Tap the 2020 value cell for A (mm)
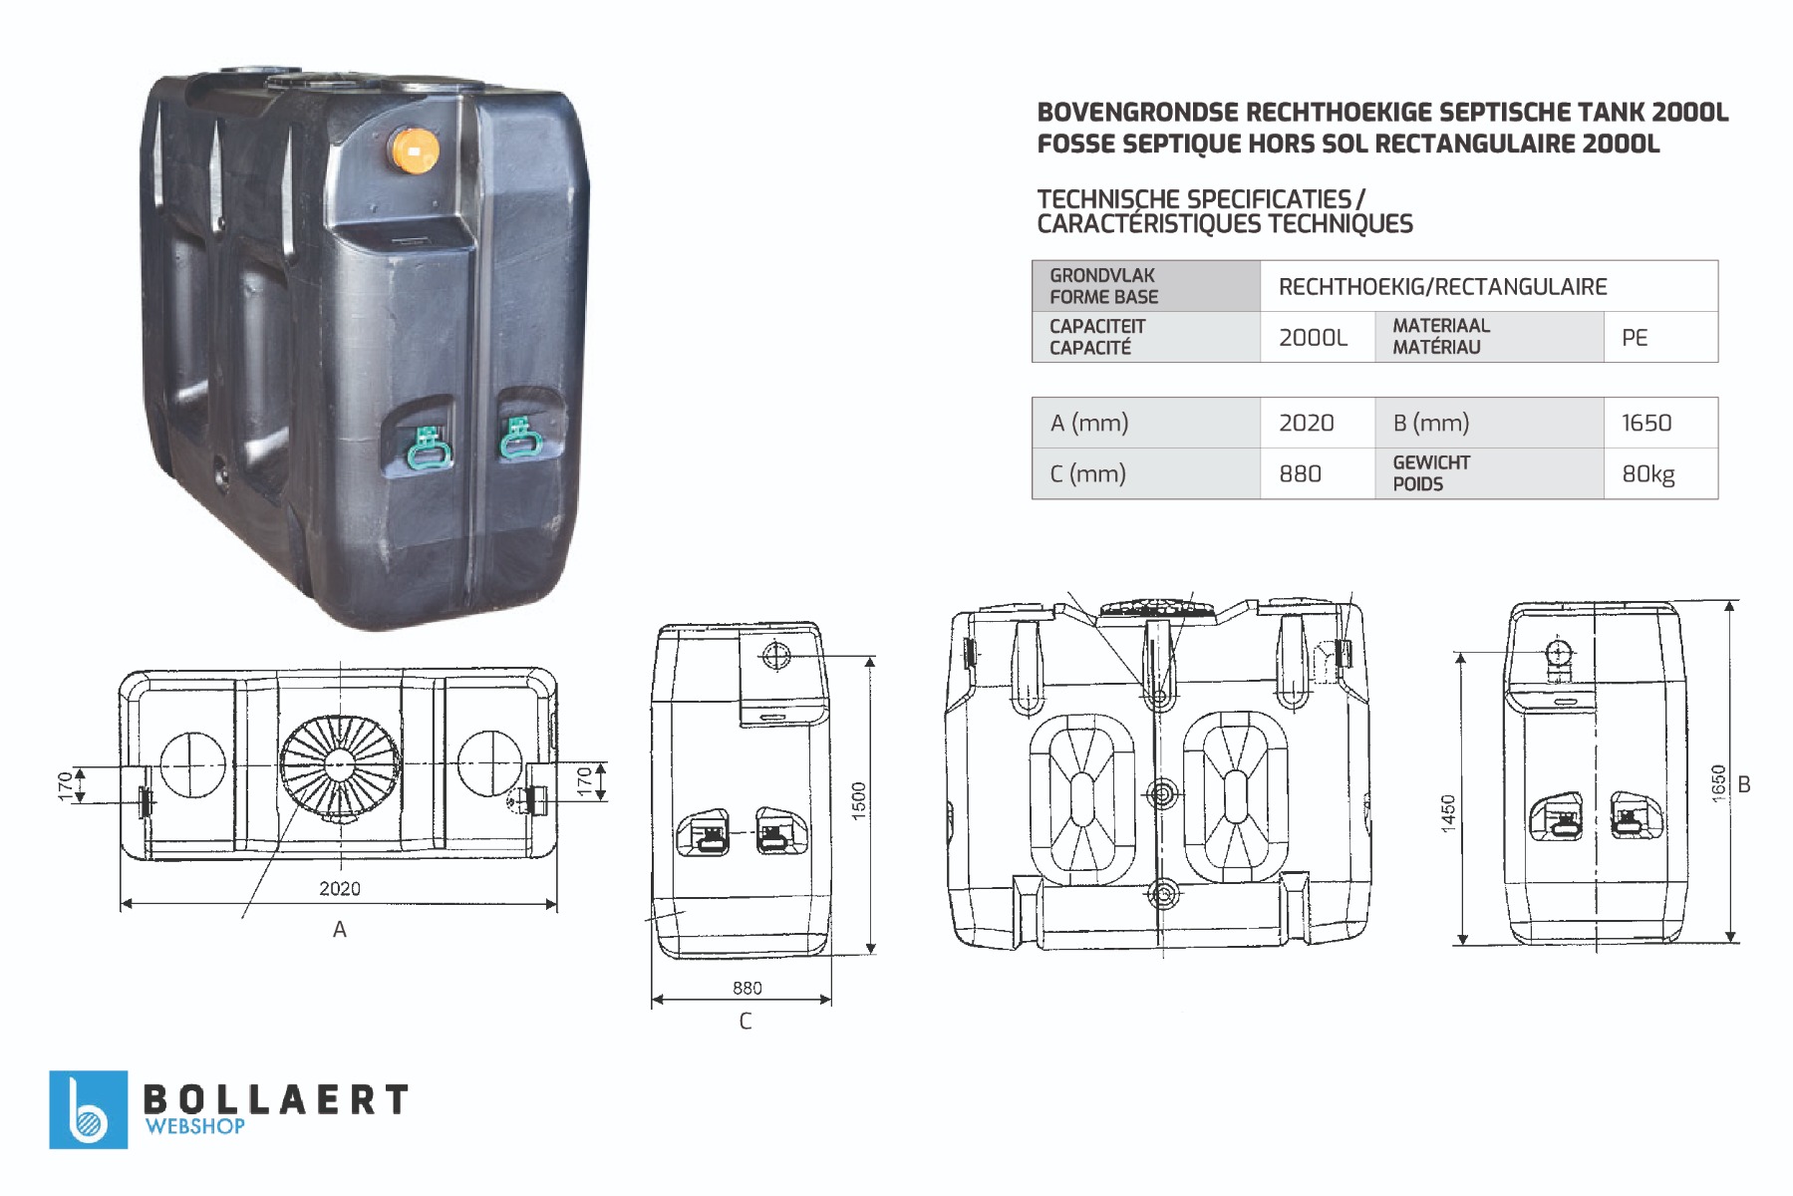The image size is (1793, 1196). (1318, 423)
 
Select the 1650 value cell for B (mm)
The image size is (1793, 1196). (1660, 423)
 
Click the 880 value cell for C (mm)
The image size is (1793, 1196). (1318, 473)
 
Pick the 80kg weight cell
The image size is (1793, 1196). (1660, 473)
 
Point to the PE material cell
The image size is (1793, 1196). (1660, 337)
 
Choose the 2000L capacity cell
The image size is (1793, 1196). (1318, 337)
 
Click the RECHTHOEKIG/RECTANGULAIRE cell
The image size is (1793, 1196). (1489, 286)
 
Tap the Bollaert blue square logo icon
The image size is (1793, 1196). (89, 1109)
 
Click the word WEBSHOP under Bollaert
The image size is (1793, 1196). (195, 1126)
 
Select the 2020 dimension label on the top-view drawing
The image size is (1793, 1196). (340, 888)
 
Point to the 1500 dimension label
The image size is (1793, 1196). (859, 801)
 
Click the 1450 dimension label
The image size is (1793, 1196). (1448, 813)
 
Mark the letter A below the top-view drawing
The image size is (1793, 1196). (340, 930)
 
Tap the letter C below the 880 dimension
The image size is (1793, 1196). (746, 1022)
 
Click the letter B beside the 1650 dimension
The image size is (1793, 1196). (1744, 784)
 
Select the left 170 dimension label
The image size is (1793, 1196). (66, 785)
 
